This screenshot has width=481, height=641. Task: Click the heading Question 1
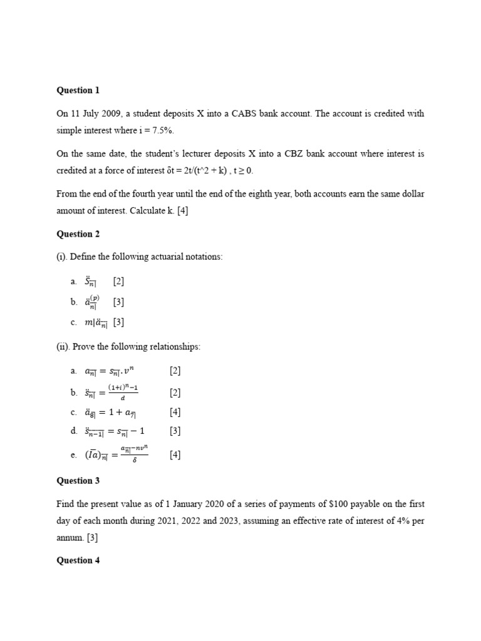point(78,90)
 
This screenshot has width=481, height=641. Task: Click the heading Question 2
point(78,234)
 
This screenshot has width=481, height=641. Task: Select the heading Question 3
point(78,481)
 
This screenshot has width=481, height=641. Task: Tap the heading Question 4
point(78,560)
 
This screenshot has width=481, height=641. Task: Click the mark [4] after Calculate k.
point(182,211)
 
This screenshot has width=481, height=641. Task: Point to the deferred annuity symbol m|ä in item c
point(96,322)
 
